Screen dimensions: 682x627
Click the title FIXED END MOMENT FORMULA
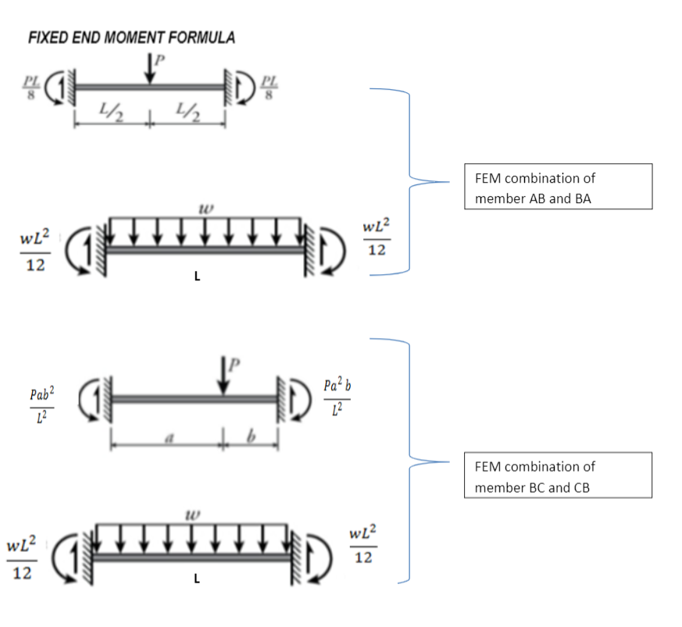(x=132, y=37)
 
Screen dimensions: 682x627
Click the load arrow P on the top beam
(x=150, y=68)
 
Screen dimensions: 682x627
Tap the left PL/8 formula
(x=31, y=87)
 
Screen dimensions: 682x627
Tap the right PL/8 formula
(x=270, y=87)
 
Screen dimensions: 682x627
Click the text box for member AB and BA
(x=558, y=187)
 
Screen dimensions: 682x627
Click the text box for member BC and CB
(x=558, y=476)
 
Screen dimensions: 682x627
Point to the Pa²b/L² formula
(x=337, y=396)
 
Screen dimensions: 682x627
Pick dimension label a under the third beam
(x=170, y=438)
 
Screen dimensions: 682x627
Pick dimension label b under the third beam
(x=251, y=436)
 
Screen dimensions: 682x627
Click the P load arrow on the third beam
(x=223, y=376)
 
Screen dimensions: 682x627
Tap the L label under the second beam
(x=197, y=276)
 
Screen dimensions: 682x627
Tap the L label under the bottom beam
(x=197, y=579)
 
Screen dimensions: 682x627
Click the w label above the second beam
(x=205, y=209)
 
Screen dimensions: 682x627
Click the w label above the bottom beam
(x=193, y=515)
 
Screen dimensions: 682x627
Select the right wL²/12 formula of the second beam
(x=377, y=237)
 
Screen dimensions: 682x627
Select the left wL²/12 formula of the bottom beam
(x=22, y=558)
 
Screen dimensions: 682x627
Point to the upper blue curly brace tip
(x=449, y=182)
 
